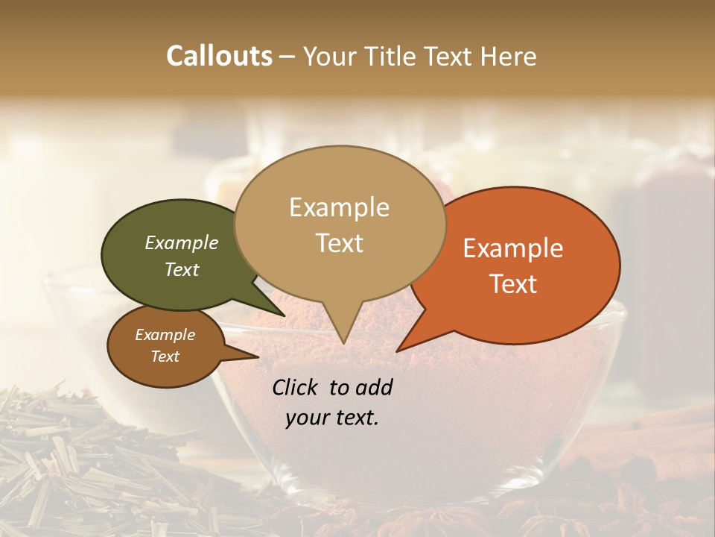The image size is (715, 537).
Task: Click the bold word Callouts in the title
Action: tap(219, 56)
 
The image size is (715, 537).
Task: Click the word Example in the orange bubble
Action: tap(513, 249)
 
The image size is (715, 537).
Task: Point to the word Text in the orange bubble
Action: tap(513, 284)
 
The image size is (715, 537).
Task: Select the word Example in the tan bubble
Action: tap(339, 207)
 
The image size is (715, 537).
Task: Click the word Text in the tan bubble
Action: tap(339, 243)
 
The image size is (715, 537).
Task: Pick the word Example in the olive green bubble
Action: tap(181, 243)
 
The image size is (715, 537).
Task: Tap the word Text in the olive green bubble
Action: tap(181, 269)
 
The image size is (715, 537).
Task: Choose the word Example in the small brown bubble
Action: tap(165, 335)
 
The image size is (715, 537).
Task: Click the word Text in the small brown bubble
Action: tap(165, 357)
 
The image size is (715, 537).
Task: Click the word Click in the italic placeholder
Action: tap(296, 387)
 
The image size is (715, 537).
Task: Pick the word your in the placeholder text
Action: tap(306, 418)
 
